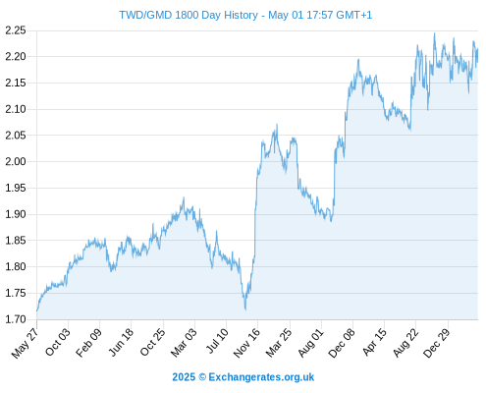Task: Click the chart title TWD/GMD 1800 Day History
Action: point(189,15)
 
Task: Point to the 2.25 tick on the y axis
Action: point(16,30)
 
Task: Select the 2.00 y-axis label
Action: point(16,161)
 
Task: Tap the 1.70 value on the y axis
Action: point(16,319)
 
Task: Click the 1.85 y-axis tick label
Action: point(16,241)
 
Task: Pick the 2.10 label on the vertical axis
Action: point(16,109)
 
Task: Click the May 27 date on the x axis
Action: point(25,343)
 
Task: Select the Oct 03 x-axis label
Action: point(57,342)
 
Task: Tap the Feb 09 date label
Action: point(88,342)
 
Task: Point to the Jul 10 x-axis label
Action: point(217,341)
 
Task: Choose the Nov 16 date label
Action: point(246,343)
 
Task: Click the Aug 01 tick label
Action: point(311,343)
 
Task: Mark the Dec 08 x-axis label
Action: point(342,343)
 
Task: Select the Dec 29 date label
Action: point(437,343)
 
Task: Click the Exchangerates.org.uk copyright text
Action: point(261,377)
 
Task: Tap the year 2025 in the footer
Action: point(184,377)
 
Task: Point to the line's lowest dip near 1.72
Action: point(245,309)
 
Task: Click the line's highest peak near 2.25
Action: point(435,33)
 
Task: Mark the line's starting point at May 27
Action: point(37,310)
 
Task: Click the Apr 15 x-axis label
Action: point(375,342)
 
